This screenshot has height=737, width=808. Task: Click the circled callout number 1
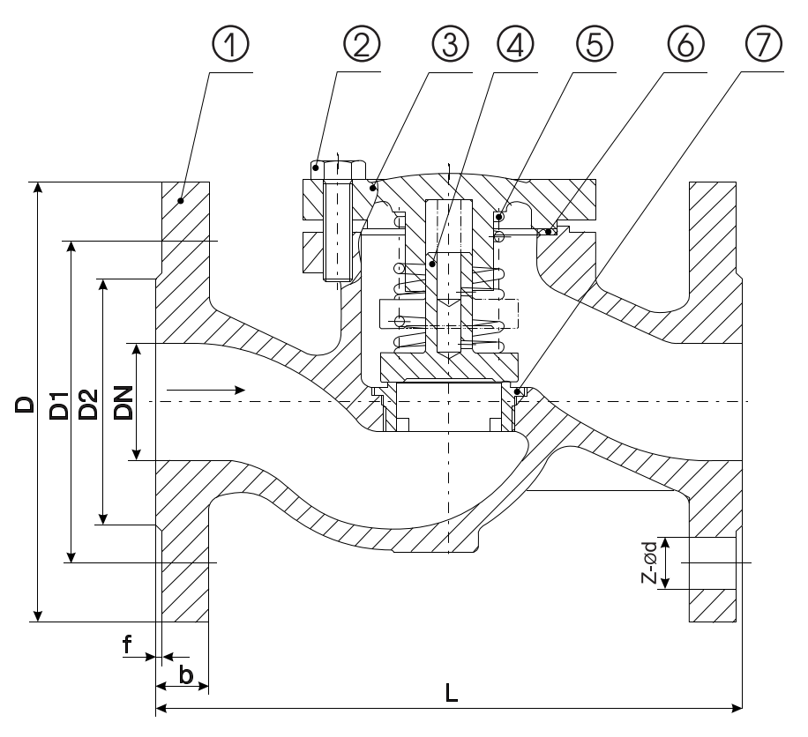tap(230, 44)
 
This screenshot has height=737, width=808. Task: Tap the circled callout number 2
tap(362, 44)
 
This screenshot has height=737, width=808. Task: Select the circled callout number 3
tap(450, 44)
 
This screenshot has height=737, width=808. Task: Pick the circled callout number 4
tap(515, 44)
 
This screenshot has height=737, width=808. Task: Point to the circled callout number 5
tap(595, 44)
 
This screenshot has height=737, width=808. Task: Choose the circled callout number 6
tap(685, 44)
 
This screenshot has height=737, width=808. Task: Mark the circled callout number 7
tap(763, 44)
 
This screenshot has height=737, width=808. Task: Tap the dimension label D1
tap(59, 406)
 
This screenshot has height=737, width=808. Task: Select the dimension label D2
tap(88, 405)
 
